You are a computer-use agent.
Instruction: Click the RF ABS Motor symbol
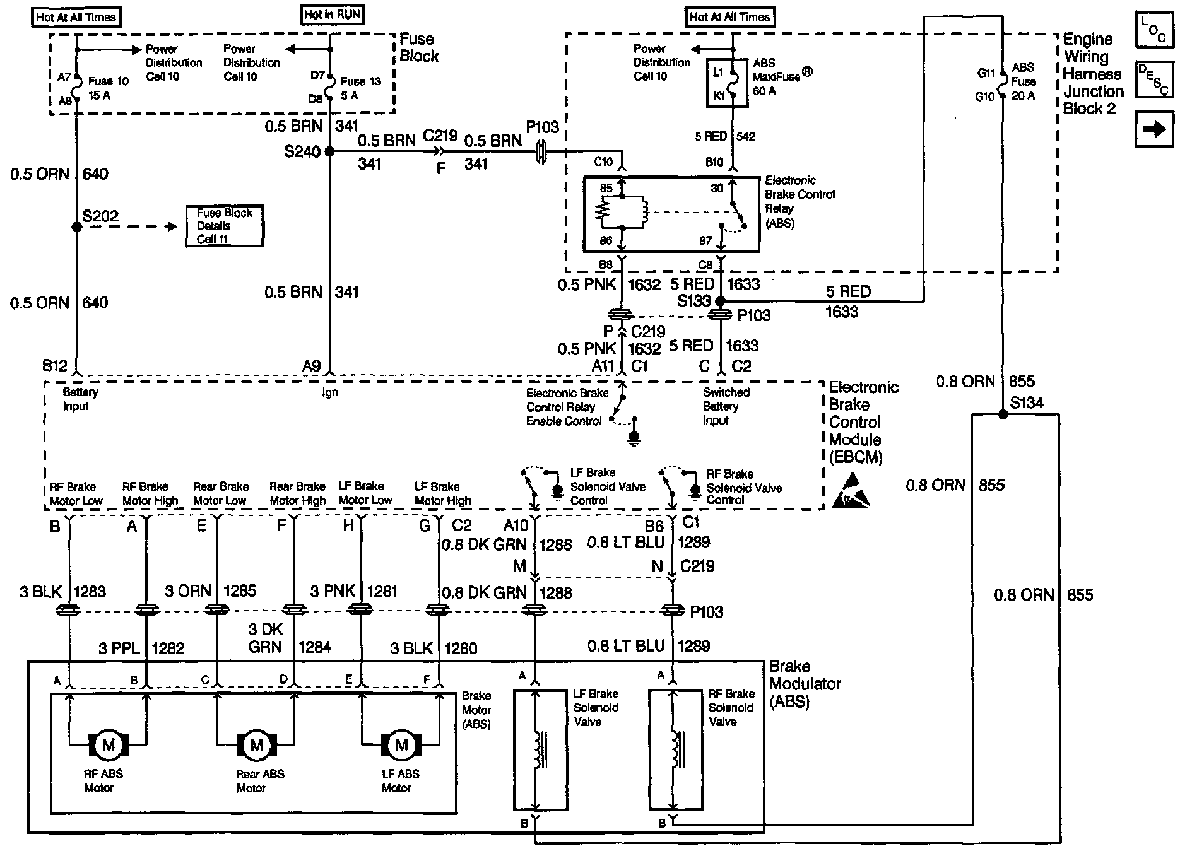click(108, 745)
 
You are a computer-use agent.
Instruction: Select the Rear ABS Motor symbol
click(256, 745)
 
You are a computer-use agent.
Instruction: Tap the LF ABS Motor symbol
click(401, 745)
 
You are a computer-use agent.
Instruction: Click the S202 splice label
click(100, 216)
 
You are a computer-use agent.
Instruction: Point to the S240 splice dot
click(329, 151)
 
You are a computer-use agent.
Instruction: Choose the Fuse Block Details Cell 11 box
click(224, 226)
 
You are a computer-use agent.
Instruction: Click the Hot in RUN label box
click(333, 15)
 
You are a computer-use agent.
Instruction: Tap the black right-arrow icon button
click(1154, 129)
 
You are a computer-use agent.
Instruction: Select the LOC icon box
click(1154, 30)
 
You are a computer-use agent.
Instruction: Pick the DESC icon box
click(1154, 79)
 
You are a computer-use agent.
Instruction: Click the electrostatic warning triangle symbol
click(851, 495)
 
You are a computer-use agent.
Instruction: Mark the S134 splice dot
click(1002, 414)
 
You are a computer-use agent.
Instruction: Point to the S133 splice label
click(693, 301)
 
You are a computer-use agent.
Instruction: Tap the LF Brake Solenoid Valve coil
click(538, 749)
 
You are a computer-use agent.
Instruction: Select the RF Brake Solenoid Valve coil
click(676, 749)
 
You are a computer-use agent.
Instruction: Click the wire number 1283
click(90, 592)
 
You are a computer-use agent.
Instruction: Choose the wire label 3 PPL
click(119, 648)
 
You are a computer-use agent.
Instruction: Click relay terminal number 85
click(606, 188)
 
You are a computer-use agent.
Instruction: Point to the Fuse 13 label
click(360, 81)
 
